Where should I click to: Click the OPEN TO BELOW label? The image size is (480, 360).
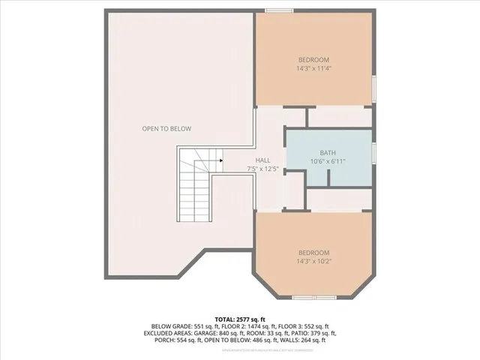pyautogui.click(x=166, y=128)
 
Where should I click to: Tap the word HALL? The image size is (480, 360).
pyautogui.click(x=262, y=160)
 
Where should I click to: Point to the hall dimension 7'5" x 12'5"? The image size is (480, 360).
pyautogui.click(x=262, y=169)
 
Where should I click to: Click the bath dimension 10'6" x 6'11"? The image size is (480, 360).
pyautogui.click(x=327, y=160)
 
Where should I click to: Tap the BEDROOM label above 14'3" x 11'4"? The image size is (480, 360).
pyautogui.click(x=313, y=59)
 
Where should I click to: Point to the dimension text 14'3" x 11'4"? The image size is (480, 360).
pyautogui.click(x=313, y=69)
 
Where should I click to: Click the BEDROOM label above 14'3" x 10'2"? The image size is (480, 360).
pyautogui.click(x=313, y=253)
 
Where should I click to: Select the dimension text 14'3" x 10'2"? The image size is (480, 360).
pyautogui.click(x=313, y=262)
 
